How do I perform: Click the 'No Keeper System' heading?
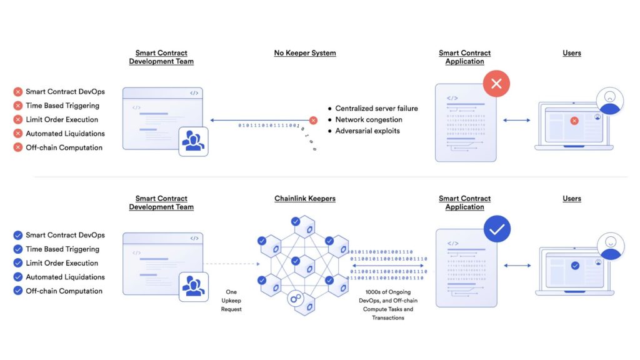coord(305,53)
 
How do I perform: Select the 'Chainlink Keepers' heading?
coord(305,199)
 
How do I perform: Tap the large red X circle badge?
coord(497,84)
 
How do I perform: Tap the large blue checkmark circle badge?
coord(497,229)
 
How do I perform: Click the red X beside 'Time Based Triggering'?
coord(18,106)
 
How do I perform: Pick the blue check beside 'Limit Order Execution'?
coord(18,263)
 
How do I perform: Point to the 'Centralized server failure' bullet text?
coord(376,108)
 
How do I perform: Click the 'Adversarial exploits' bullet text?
coord(367,131)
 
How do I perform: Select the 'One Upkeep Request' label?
coord(231,301)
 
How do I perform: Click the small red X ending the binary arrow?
coord(313,120)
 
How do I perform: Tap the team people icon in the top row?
coord(192,141)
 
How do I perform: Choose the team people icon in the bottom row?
coord(192,287)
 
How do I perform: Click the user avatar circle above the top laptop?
coord(609,101)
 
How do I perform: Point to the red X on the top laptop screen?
coord(574,121)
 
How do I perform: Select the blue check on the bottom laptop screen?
coord(575,266)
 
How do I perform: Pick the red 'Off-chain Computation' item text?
coord(64,147)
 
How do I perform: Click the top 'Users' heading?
coord(572,53)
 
